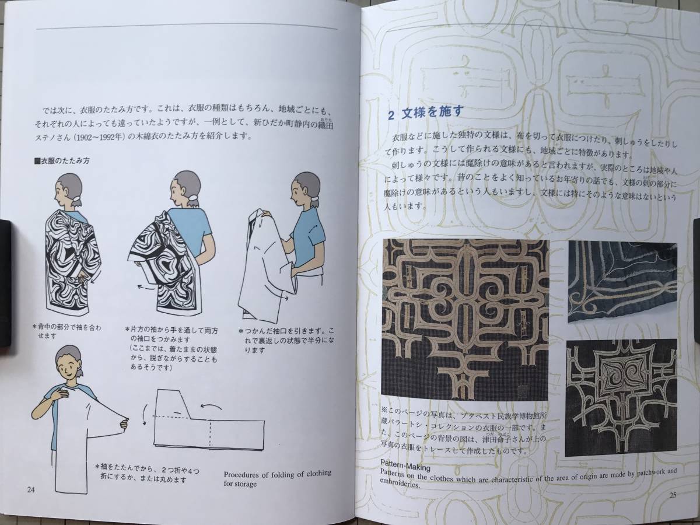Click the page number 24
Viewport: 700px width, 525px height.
pos(31,490)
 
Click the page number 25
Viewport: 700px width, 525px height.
pos(673,495)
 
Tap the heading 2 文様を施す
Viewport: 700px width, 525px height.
pos(425,113)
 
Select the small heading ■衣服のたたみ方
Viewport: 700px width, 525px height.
pos(62,161)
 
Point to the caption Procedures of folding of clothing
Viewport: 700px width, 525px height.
pos(278,474)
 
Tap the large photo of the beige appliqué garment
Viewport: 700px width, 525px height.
pos(466,319)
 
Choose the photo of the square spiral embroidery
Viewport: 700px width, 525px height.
pos(621,397)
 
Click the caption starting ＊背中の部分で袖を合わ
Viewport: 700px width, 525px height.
pos(66,331)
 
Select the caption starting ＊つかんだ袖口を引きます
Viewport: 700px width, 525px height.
pos(286,340)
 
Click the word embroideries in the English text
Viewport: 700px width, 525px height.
pos(399,485)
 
